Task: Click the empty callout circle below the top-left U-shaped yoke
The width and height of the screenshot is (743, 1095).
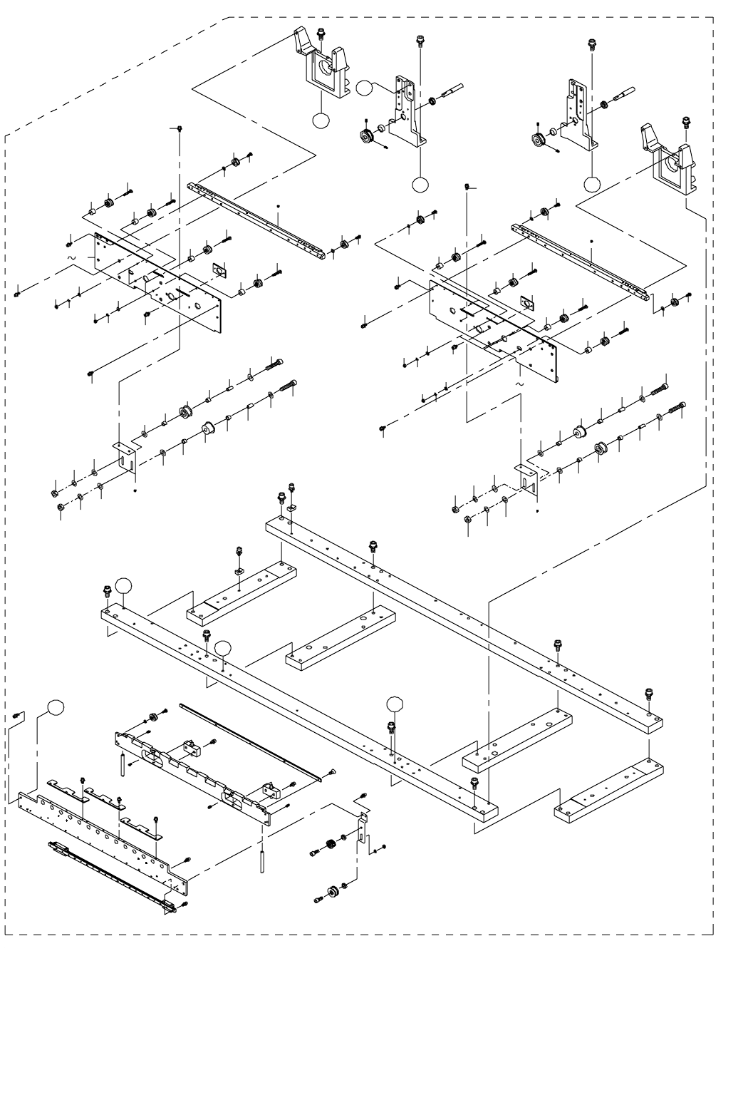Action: (x=322, y=120)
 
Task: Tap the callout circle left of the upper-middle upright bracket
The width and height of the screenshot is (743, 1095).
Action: (x=365, y=88)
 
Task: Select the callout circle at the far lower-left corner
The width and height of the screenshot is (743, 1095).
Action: (x=56, y=707)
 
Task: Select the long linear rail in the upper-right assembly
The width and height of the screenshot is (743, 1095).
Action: (x=581, y=260)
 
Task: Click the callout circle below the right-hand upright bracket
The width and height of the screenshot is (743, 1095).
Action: (x=592, y=185)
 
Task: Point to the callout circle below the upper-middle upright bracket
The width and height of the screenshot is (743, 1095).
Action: (x=421, y=185)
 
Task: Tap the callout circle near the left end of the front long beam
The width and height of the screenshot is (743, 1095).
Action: (x=125, y=586)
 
